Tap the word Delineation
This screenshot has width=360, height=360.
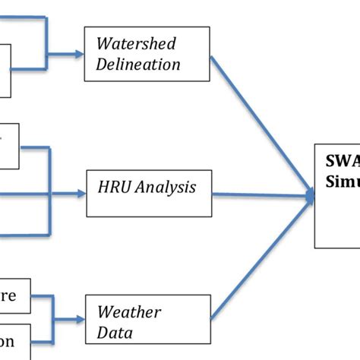click(137, 64)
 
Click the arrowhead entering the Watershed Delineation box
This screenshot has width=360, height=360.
click(78, 55)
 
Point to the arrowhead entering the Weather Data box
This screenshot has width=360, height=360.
click(78, 317)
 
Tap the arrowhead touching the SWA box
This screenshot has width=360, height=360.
click(311, 196)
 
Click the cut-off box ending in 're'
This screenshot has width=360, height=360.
click(15, 296)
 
